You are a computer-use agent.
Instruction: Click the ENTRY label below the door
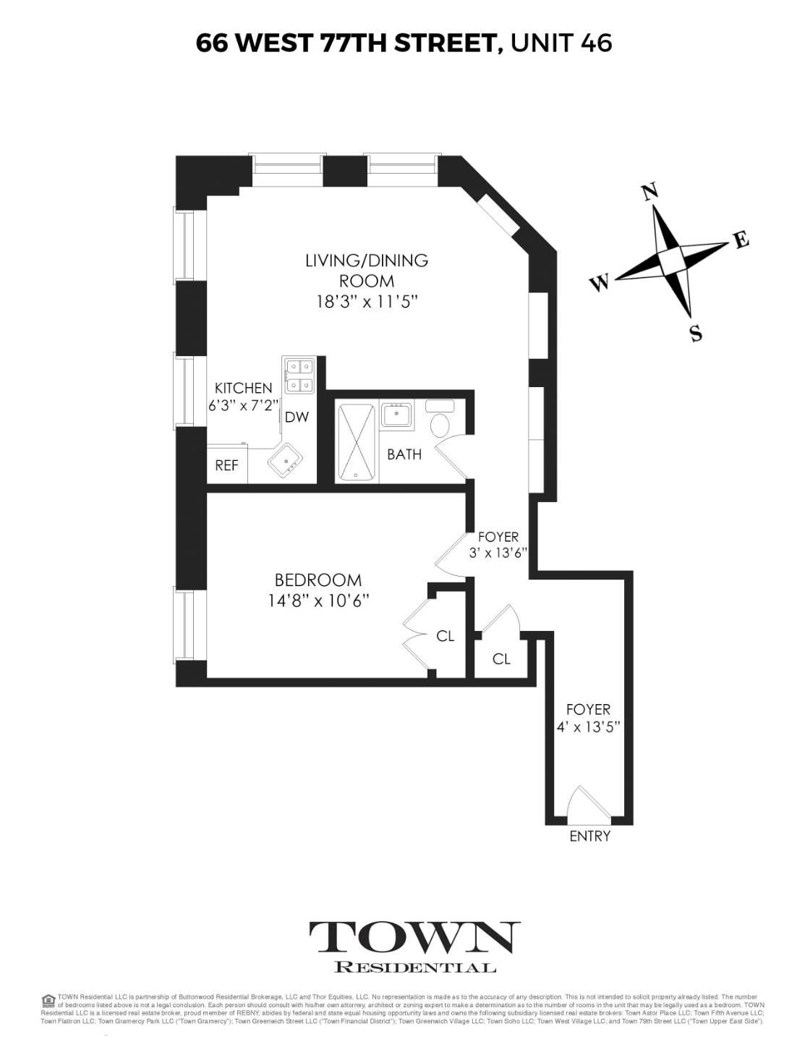[589, 836]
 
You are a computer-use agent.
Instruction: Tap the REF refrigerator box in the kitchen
[226, 465]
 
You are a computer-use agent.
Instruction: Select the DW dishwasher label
[297, 417]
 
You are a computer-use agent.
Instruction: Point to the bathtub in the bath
[357, 441]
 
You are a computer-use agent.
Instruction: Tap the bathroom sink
[396, 415]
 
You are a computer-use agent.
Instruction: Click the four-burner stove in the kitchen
[299, 376]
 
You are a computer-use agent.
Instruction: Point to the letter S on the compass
[696, 334]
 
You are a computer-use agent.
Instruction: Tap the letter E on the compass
[741, 242]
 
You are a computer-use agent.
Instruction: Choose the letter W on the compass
[600, 283]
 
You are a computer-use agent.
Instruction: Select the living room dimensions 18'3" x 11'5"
[367, 301]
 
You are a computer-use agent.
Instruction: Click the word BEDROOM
[318, 580]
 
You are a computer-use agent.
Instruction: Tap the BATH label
[404, 454]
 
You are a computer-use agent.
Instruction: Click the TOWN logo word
[415, 939]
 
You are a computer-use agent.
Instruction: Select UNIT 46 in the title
[561, 43]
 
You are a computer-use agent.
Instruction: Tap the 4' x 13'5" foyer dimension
[588, 729]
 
